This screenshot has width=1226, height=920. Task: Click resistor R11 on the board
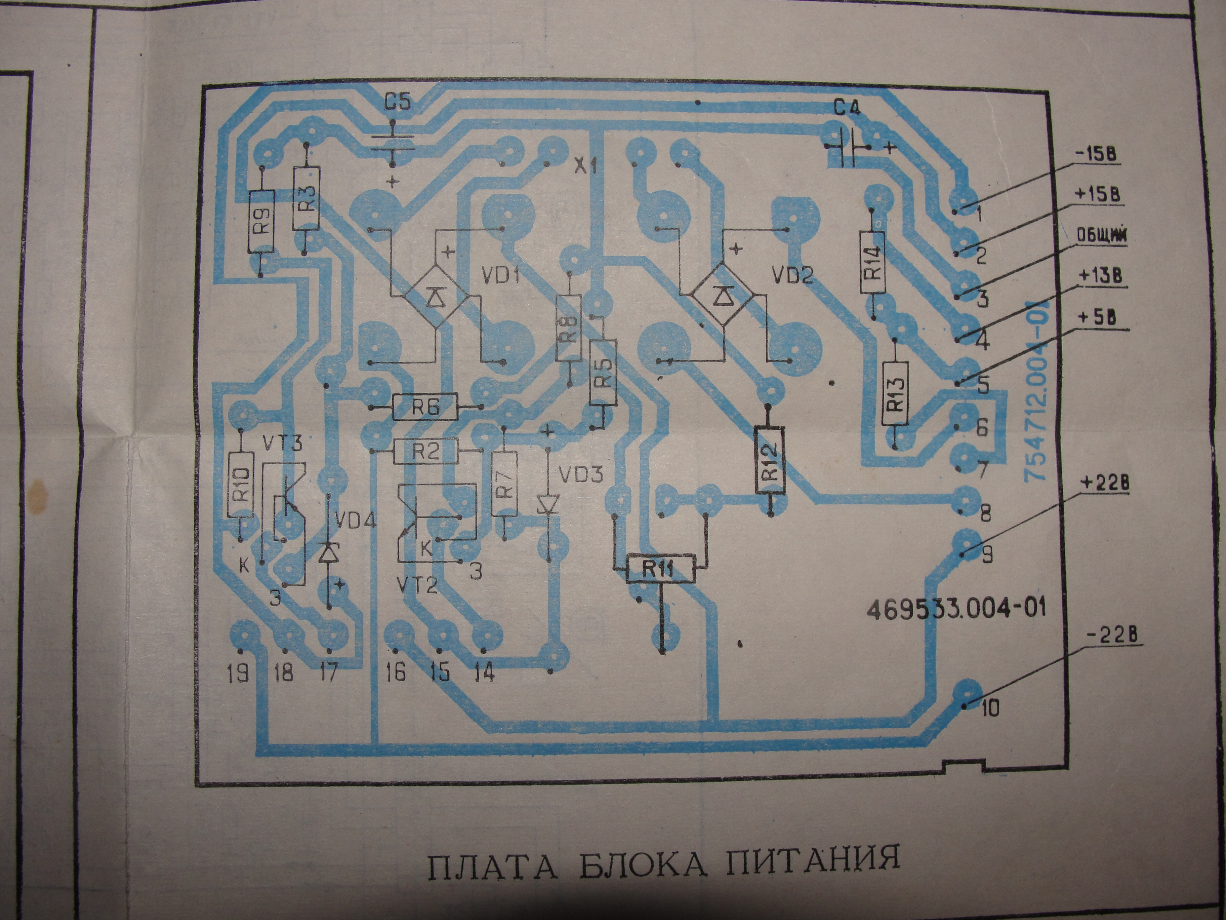pos(660,568)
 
